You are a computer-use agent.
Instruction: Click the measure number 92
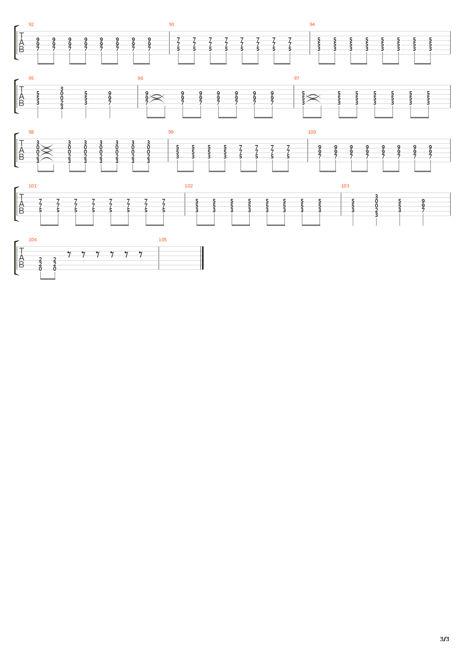pos(31,24)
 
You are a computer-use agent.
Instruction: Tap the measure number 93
pos(172,24)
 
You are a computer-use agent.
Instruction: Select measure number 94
pos(312,24)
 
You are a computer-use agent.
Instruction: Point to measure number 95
pos(31,78)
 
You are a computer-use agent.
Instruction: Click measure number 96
pos(141,78)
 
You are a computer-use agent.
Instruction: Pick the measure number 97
pos(297,78)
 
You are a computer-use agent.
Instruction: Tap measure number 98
pos(31,132)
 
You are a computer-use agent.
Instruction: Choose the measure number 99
pos(171,132)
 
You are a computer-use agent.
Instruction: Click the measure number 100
pos(312,132)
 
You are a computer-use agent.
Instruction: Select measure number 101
pos(33,186)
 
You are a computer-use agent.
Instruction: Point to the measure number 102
pos(188,186)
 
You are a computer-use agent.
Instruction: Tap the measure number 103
pos(345,186)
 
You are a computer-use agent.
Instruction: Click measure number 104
pos(33,240)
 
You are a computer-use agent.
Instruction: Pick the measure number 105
pos(163,240)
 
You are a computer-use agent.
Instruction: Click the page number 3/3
pos(445,639)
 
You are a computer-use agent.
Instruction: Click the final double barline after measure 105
pos(202,258)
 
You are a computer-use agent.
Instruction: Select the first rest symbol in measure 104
pos(69,255)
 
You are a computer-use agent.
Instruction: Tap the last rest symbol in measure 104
pos(141,255)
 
